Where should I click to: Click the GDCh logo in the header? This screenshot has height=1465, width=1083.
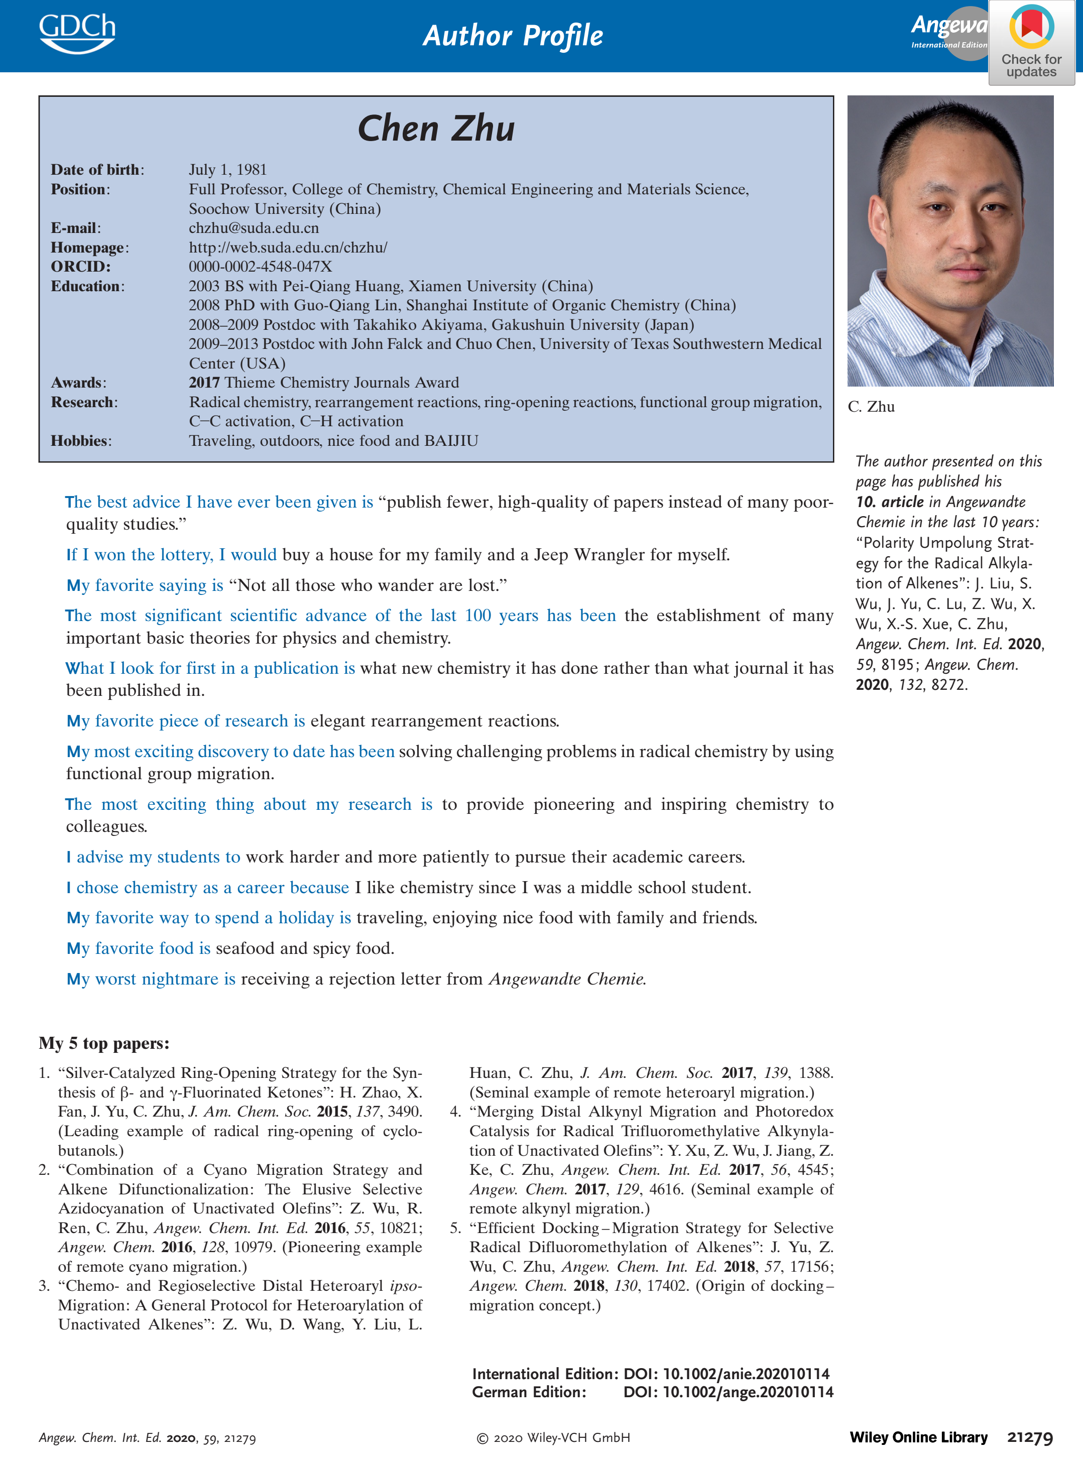[x=77, y=33]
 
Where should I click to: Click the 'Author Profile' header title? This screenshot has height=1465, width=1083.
[x=513, y=36]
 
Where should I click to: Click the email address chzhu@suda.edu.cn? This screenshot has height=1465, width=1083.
[x=254, y=228]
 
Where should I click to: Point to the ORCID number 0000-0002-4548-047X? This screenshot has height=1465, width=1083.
[x=260, y=267]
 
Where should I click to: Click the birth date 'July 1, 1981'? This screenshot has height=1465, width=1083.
[x=227, y=170]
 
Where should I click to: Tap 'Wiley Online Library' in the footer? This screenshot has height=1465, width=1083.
[x=918, y=1437]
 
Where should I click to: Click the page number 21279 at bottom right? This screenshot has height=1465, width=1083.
[x=1030, y=1437]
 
